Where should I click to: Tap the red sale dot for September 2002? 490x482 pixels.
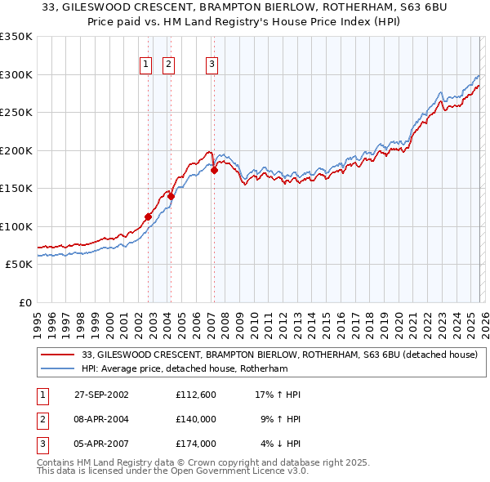coord(149,217)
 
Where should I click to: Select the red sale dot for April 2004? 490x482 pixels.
coord(171,196)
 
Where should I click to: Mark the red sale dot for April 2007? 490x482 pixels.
coord(214,171)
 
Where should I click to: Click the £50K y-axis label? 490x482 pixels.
coord(19,265)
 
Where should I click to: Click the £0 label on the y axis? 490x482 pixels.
coord(24,302)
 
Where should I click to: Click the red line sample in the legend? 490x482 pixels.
coord(57,355)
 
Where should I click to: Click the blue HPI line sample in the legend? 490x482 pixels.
coord(57,368)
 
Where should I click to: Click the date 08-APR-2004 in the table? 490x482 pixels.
coord(101,419)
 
